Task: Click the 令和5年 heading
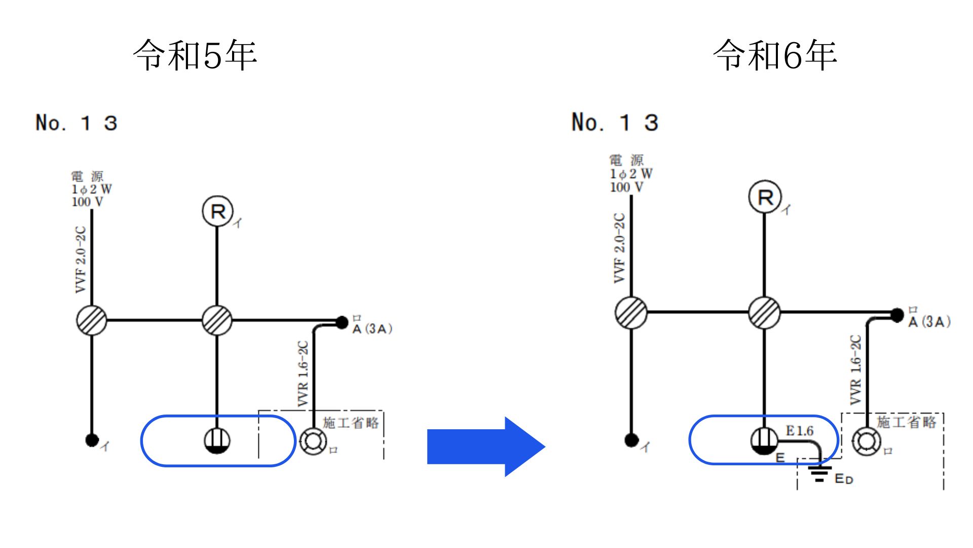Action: click(x=195, y=55)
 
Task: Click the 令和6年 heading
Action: click(x=775, y=55)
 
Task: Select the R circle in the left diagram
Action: click(x=217, y=212)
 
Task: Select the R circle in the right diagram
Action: click(x=765, y=197)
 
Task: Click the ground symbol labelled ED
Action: click(x=819, y=473)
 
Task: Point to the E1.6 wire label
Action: click(x=799, y=431)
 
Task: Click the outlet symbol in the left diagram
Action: click(x=217, y=440)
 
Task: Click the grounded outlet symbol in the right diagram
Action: click(x=764, y=440)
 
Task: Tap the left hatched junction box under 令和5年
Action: click(x=92, y=320)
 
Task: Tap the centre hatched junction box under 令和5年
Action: click(x=217, y=320)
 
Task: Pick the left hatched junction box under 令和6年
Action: click(x=631, y=313)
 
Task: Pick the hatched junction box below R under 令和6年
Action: click(x=764, y=313)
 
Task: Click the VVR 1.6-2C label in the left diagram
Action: click(x=303, y=373)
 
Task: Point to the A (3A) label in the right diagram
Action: click(x=929, y=322)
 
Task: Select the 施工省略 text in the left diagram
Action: click(x=351, y=423)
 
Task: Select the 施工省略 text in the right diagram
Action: click(x=906, y=422)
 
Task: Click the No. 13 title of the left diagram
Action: click(x=77, y=123)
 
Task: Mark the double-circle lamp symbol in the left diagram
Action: click(x=313, y=441)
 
